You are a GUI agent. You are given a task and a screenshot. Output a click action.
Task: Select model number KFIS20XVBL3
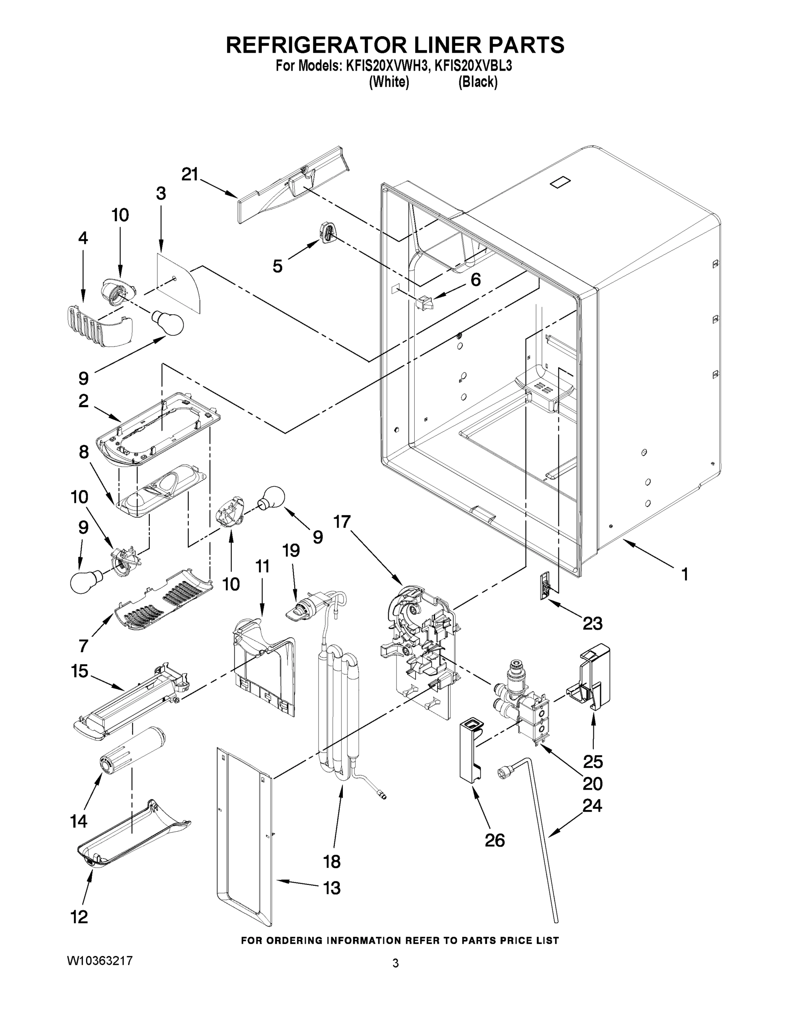tap(473, 66)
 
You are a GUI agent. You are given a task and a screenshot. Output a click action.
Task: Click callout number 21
tap(190, 174)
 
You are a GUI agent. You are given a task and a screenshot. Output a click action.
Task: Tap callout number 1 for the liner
tap(684, 574)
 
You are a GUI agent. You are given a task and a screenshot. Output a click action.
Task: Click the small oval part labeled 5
tap(328, 232)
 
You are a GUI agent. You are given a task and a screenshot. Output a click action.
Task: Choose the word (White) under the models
tap(389, 82)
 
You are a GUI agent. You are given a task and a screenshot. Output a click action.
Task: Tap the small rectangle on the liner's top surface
tap(561, 183)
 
